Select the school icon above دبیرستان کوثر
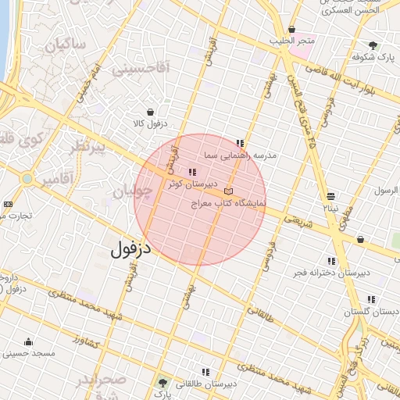(x=192, y=172)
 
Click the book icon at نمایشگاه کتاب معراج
(x=228, y=191)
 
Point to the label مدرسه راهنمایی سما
(x=240, y=155)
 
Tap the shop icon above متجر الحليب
(x=292, y=30)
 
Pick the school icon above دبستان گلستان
(x=370, y=299)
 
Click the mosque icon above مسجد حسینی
(x=29, y=341)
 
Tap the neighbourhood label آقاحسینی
(x=141, y=70)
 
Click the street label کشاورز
(x=87, y=340)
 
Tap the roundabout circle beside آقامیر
(x=27, y=178)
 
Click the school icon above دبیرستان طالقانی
(x=205, y=372)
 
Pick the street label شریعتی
(x=301, y=222)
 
